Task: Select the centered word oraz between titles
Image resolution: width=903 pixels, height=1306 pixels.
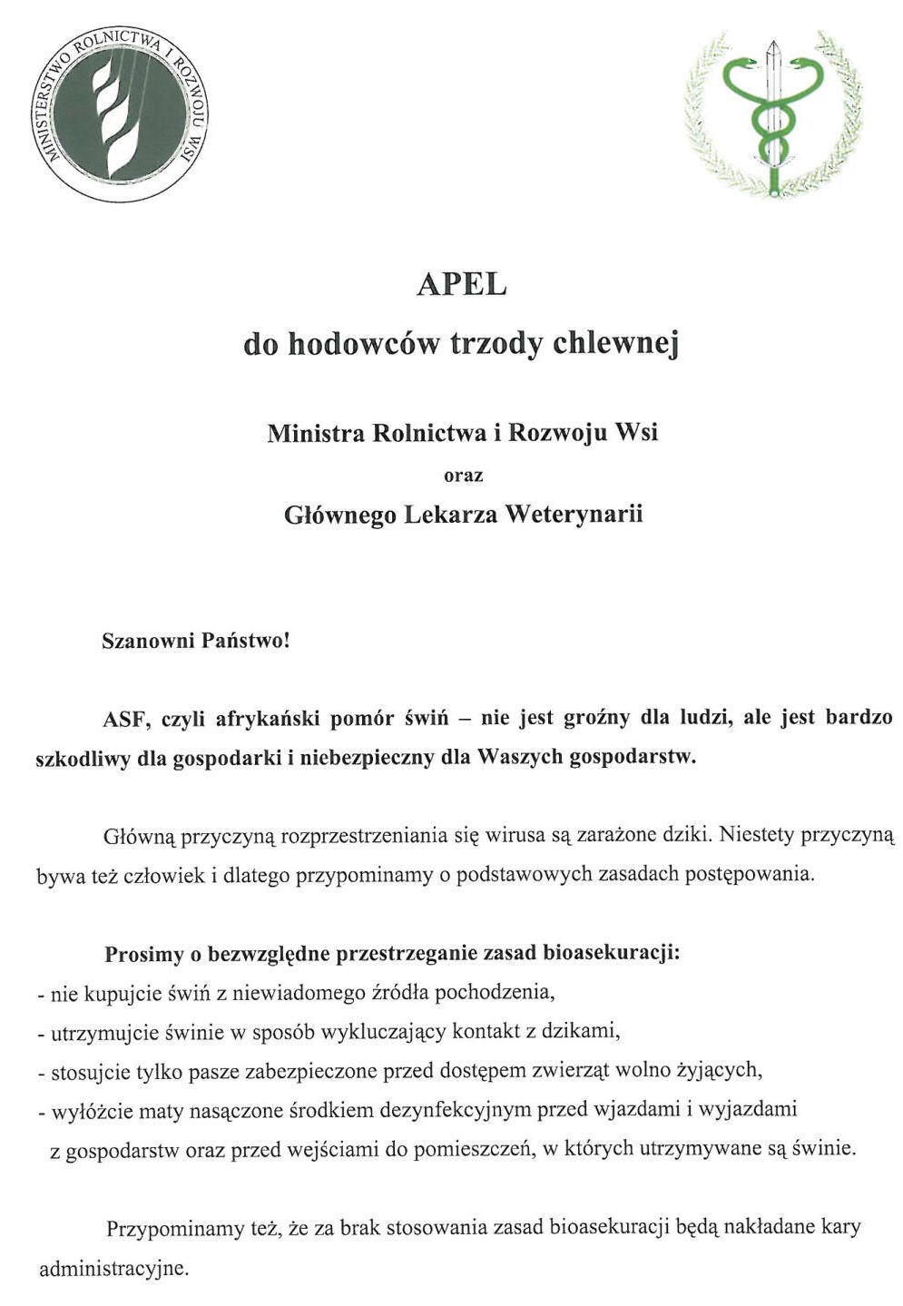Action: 462,475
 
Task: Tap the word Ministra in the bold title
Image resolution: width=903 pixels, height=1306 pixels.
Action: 314,432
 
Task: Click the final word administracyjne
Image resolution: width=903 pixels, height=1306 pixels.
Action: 113,1267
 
